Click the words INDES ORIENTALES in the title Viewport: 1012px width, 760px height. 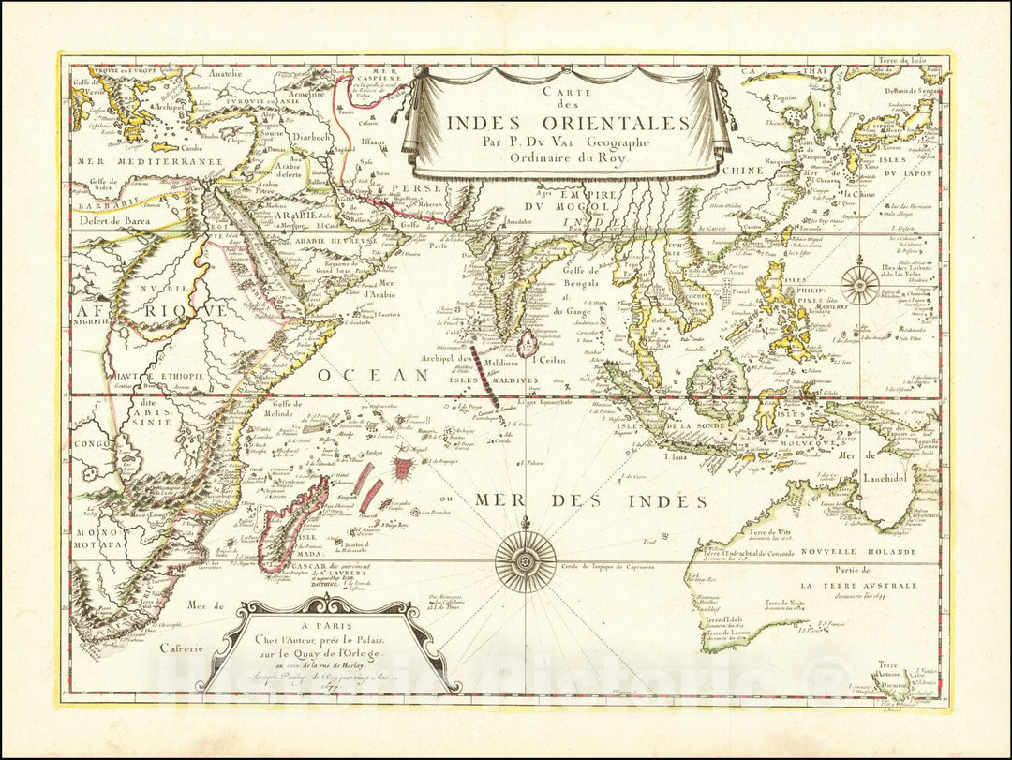coord(568,123)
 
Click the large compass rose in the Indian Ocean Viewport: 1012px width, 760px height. coord(525,561)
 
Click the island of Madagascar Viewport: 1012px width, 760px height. coord(294,523)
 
